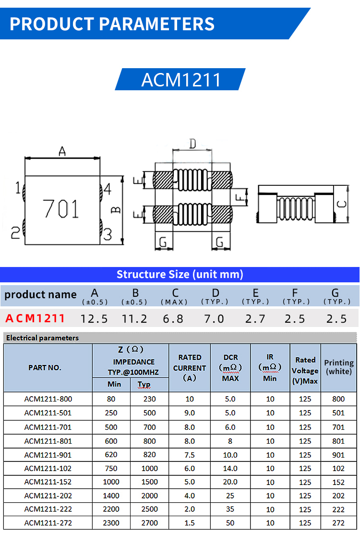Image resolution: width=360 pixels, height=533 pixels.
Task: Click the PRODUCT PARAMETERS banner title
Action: (112, 23)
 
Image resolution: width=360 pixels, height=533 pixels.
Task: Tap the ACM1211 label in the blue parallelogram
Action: (181, 80)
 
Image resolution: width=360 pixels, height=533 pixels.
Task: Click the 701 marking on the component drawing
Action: (60, 209)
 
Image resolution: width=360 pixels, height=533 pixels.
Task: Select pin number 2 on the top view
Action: (15, 233)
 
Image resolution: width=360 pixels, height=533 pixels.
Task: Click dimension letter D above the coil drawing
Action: (192, 143)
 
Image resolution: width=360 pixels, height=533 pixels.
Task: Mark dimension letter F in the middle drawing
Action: (239, 196)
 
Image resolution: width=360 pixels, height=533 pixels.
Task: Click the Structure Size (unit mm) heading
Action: (180, 274)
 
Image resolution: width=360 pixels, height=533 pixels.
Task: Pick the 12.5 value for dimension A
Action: (94, 318)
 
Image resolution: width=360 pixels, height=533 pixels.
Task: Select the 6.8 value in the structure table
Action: (173, 318)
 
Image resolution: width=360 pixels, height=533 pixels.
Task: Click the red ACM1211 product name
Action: (35, 318)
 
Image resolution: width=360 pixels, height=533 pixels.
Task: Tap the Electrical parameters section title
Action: (42, 338)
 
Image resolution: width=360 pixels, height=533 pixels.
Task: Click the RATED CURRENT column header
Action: (190, 368)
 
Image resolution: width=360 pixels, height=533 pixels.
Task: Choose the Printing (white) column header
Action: (338, 367)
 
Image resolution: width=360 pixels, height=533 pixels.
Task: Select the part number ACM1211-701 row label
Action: (48, 427)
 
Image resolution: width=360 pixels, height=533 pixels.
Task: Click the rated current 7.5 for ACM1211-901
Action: (190, 455)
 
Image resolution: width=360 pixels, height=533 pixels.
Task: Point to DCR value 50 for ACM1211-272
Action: (230, 523)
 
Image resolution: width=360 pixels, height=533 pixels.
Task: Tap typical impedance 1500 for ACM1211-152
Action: (149, 482)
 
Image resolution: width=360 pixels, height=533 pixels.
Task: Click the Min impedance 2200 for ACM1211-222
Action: (111, 509)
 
